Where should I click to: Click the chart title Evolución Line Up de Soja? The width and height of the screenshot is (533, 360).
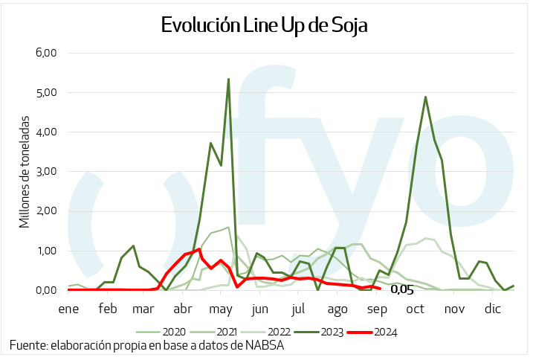[265, 25]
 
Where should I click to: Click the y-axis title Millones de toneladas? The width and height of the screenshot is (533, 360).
[25, 171]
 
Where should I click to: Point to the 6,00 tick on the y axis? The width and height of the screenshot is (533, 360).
[46, 54]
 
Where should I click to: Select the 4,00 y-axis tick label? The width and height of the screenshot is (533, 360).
[46, 132]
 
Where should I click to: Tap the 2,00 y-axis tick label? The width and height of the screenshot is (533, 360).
[46, 211]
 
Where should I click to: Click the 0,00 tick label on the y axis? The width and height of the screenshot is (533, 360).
[46, 290]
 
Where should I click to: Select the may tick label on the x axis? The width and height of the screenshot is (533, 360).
[222, 308]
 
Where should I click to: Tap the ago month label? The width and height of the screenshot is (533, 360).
[337, 308]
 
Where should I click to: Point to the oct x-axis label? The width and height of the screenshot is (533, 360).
[415, 308]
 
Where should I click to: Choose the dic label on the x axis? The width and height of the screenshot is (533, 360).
[492, 308]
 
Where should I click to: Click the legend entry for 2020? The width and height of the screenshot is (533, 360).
[167, 332]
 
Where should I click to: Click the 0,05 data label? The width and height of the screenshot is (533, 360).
[401, 290]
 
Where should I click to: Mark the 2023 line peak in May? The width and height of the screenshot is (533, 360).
[228, 79]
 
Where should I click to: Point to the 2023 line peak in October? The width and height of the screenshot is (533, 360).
[425, 97]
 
